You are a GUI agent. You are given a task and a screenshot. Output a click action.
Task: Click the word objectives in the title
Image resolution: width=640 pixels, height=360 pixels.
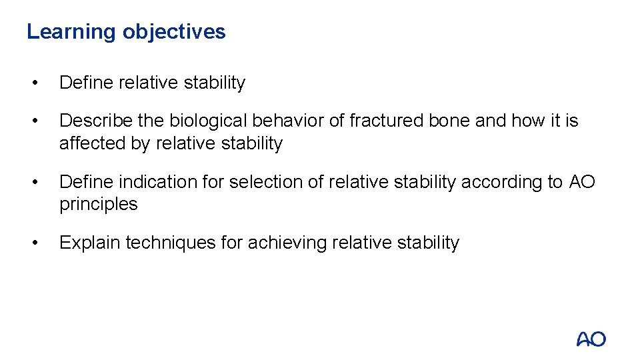174,32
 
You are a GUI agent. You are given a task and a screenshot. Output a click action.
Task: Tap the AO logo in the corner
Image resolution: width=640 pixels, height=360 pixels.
591,339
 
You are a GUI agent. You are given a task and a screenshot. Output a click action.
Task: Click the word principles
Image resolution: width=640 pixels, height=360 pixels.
99,204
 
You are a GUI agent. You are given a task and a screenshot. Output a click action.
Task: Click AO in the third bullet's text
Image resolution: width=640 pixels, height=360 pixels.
583,181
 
